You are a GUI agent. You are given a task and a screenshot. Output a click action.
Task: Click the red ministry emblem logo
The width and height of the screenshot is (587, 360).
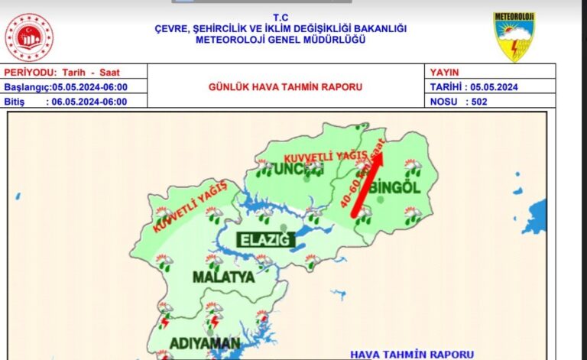tap(29, 37)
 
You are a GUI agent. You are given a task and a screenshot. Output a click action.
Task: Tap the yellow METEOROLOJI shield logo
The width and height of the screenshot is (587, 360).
tap(514, 37)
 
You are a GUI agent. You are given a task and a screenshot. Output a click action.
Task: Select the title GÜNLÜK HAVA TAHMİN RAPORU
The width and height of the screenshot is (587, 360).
tap(285, 87)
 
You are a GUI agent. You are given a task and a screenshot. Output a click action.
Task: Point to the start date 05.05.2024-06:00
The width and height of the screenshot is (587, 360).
tap(90, 87)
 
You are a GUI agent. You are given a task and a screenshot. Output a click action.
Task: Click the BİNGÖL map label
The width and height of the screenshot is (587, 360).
tap(395, 188)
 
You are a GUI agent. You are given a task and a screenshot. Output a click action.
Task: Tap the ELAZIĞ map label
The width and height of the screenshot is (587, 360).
tap(265, 240)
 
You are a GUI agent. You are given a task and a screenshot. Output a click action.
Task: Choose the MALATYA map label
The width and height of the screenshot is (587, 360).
tap(222, 277)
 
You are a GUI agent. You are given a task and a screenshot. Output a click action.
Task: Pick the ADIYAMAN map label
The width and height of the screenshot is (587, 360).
tap(206, 342)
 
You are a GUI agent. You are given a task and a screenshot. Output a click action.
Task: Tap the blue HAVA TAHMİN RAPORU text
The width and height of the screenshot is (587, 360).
tap(411, 354)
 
